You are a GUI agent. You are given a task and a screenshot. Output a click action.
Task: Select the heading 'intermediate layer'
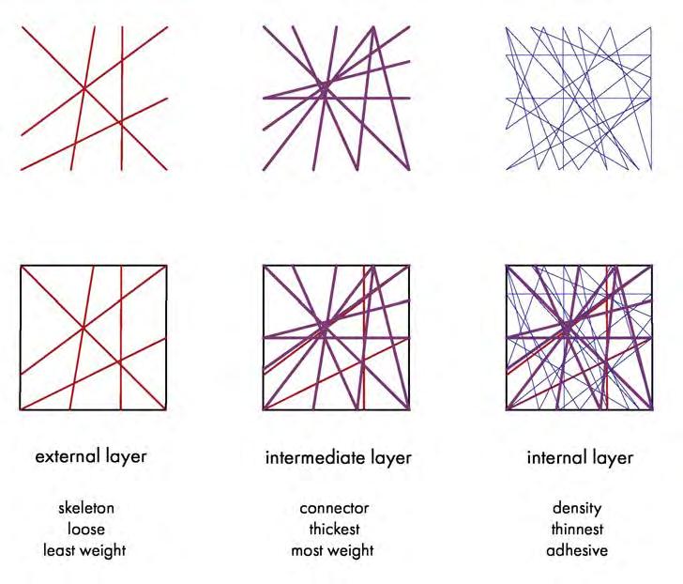pyautogui.click(x=339, y=458)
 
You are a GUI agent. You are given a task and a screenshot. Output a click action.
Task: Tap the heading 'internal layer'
pyautogui.click(x=579, y=458)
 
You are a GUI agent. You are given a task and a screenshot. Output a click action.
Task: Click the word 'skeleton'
pyautogui.click(x=86, y=508)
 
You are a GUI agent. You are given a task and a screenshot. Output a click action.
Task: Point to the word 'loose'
pyautogui.click(x=86, y=529)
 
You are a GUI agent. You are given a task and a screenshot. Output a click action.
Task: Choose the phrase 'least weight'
pyautogui.click(x=84, y=550)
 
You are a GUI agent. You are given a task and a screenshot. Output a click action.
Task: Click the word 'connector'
pyautogui.click(x=335, y=508)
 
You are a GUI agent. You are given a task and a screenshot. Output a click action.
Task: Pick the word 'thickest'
pyautogui.click(x=335, y=529)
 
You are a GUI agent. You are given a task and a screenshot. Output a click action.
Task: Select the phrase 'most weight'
pyautogui.click(x=332, y=550)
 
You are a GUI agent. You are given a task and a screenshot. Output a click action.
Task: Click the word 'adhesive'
pyautogui.click(x=577, y=550)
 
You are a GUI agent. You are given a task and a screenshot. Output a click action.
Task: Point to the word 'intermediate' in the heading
pyautogui.click(x=315, y=458)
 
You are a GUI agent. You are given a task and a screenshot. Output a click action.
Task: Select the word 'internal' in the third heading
pyautogui.click(x=557, y=458)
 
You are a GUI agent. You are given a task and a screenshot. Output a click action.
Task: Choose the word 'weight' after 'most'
pyautogui.click(x=350, y=550)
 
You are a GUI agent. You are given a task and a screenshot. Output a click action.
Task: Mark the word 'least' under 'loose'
pyautogui.click(x=59, y=550)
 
